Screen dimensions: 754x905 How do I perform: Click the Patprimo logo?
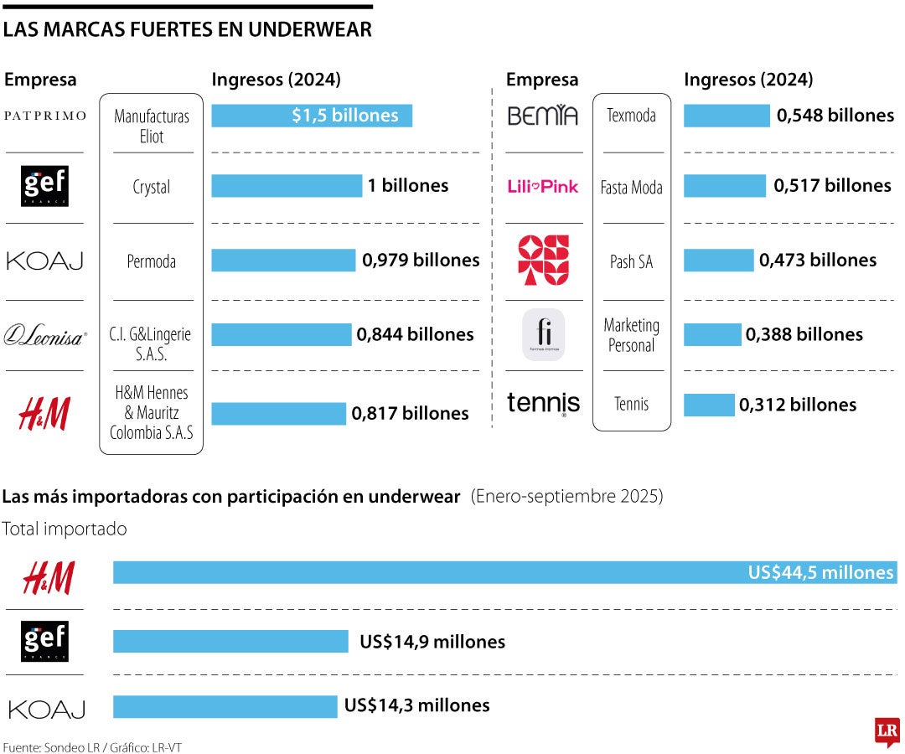pos(45,116)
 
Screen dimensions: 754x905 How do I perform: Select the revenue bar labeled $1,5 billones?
pos(311,116)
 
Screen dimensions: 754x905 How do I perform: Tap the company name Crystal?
pos(151,187)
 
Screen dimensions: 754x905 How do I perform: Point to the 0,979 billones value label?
pos(421,261)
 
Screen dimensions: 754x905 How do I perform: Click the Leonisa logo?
pos(45,336)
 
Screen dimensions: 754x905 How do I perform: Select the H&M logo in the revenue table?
pos(45,414)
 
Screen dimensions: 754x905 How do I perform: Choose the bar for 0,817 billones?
pos(278,414)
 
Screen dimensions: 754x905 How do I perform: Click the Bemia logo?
pos(543,116)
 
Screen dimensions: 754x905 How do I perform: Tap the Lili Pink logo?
pos(543,187)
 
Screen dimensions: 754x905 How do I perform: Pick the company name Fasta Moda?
pos(631,188)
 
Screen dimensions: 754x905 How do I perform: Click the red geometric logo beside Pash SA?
pos(543,261)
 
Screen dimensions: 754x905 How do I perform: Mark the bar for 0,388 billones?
pos(712,335)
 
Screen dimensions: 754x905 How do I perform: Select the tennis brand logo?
pos(543,403)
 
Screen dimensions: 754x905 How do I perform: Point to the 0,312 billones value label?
pos(798,405)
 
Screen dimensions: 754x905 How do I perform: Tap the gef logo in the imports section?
pos(45,642)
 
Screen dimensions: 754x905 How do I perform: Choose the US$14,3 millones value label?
pos(416,705)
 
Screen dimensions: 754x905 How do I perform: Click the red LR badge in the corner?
pos(887,731)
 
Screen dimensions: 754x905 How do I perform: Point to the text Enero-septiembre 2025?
pos(566,497)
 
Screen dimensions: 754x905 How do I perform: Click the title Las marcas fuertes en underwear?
pos(188,30)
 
